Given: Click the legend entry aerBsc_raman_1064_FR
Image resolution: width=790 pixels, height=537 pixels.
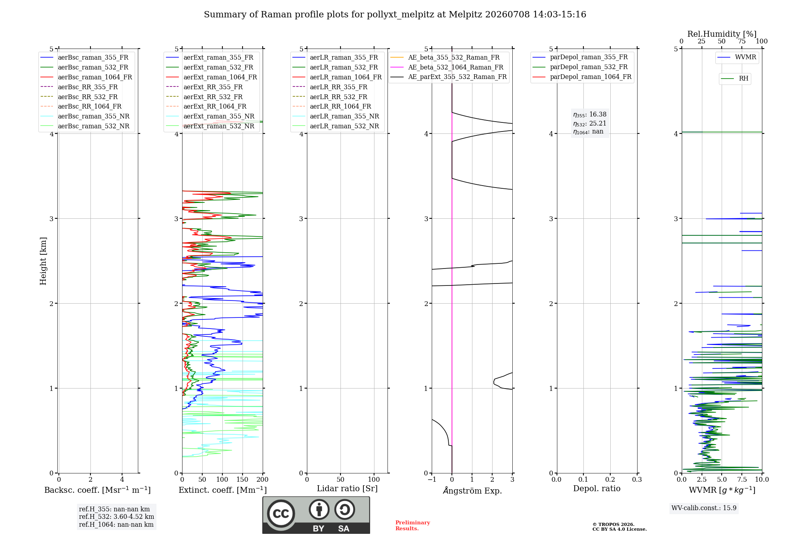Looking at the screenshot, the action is click(86, 77).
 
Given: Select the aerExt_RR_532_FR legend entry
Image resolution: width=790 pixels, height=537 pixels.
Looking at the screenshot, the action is click(204, 97).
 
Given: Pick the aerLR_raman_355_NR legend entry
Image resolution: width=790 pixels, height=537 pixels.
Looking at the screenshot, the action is click(336, 116).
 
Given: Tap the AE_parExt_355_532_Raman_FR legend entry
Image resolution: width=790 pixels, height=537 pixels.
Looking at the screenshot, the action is click(449, 77).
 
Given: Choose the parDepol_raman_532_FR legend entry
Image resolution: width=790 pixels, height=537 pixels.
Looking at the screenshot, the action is click(580, 67).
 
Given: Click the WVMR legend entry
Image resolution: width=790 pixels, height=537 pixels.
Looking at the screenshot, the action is click(737, 57).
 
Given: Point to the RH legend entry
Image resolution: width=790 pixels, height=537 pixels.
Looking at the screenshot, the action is click(735, 79).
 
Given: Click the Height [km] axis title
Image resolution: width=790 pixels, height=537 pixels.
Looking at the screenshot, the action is click(43, 261).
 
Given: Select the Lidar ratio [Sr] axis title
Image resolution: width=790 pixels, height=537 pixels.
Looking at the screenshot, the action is click(347, 488).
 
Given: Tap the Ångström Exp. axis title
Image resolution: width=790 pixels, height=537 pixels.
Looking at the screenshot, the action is click(472, 490).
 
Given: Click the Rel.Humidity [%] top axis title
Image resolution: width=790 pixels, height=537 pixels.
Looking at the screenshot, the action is click(722, 34).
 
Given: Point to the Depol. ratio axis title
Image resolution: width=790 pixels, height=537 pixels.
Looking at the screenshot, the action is click(597, 488).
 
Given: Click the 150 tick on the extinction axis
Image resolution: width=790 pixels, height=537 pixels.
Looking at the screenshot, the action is click(243, 479).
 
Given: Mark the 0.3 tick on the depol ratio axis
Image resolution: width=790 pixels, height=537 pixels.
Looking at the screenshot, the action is click(637, 479).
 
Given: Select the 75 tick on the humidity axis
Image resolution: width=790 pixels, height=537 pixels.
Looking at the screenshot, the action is click(742, 41).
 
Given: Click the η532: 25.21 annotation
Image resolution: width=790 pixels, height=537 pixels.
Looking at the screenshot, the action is click(590, 124).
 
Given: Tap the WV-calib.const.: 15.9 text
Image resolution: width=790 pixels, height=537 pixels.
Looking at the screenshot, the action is click(704, 508).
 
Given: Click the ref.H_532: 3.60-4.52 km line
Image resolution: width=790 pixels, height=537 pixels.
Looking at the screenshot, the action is click(117, 516).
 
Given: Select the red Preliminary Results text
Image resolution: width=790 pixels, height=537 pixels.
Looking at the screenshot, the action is click(413, 526).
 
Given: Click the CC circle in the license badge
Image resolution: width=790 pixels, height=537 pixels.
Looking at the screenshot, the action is click(281, 513).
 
